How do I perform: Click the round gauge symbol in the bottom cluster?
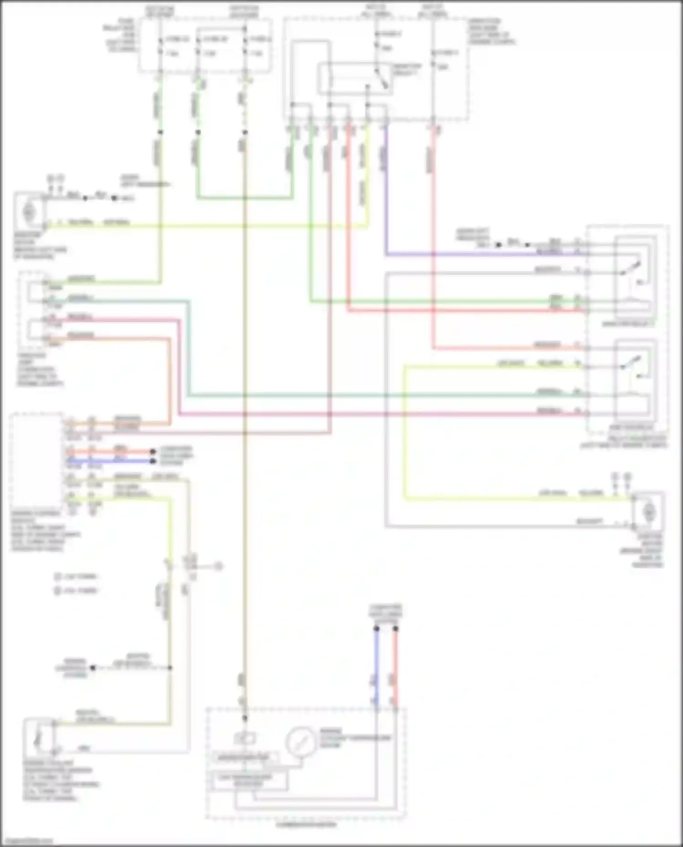[x=301, y=741]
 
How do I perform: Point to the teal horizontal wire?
[x=364, y=395]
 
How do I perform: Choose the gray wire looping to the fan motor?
[x=386, y=410]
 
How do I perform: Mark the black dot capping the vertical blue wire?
[x=377, y=629]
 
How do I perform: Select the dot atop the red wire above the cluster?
[x=395, y=629]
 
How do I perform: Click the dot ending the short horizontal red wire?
[x=153, y=452]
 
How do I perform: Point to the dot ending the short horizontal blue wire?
[x=153, y=461]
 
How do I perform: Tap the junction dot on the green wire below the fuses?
[x=198, y=132]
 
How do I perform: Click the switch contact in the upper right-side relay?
[x=633, y=269]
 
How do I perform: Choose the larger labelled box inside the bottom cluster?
[x=251, y=780]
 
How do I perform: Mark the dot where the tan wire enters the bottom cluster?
[x=245, y=718]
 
